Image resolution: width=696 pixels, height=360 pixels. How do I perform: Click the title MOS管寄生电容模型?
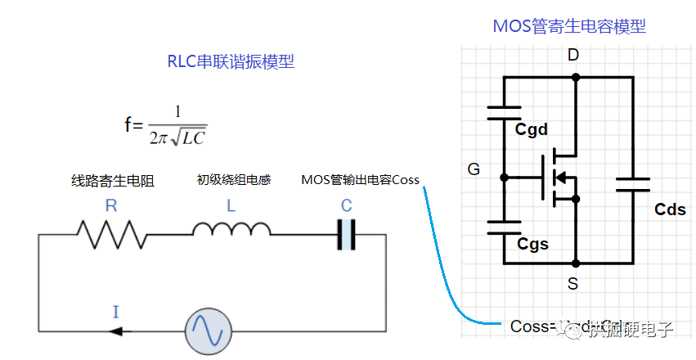[x=568, y=26]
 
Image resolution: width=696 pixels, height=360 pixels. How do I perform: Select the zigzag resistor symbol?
[x=112, y=234]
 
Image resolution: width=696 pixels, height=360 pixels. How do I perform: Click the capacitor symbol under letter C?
[x=347, y=234]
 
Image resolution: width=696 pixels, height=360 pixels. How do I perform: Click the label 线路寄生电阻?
[x=113, y=181]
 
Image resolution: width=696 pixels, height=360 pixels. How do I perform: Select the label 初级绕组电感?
[x=233, y=179]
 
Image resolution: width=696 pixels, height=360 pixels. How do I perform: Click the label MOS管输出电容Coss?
[x=360, y=180]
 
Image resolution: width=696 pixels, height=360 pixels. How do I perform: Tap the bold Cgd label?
[x=531, y=129]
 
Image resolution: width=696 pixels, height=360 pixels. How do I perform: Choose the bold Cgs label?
[x=532, y=243]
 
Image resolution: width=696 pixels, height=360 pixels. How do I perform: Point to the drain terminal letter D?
[x=573, y=56]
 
